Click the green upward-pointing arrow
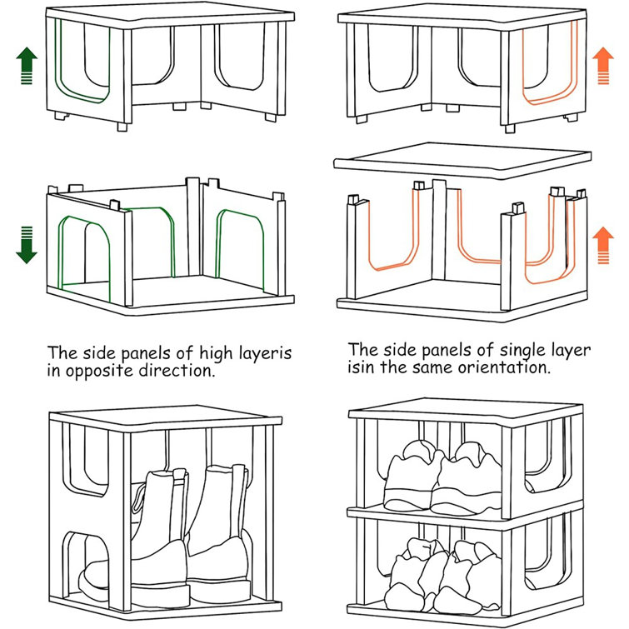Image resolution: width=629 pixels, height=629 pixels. tap(27, 66)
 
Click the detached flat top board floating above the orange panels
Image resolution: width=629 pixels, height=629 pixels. tap(462, 162)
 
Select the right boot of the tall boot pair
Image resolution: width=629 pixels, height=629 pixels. tap(218, 533)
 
